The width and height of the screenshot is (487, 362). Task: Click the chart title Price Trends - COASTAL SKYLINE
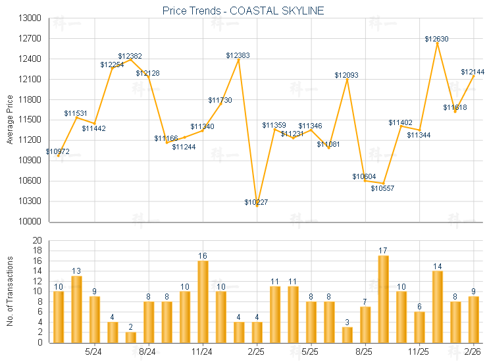point(243,11)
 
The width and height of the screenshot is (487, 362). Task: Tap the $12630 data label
point(436,39)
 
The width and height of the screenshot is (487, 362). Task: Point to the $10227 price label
point(256,201)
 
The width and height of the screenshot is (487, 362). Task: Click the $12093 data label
point(346,75)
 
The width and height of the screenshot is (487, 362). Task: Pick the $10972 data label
point(58,151)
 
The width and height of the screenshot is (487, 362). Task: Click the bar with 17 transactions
point(384,299)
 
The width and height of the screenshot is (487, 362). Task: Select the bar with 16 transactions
point(203,301)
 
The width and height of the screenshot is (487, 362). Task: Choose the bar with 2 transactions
point(130,337)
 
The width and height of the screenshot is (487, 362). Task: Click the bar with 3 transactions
point(347,334)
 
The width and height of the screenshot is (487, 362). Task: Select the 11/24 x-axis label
point(203,352)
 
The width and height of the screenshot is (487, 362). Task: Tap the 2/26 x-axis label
point(473,352)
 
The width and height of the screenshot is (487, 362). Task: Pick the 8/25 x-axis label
point(365,352)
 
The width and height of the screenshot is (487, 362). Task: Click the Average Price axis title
point(9,120)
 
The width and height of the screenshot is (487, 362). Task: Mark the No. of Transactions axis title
point(9,292)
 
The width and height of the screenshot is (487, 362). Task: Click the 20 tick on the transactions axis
point(37,240)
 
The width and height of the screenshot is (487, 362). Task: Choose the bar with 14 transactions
point(438,307)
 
